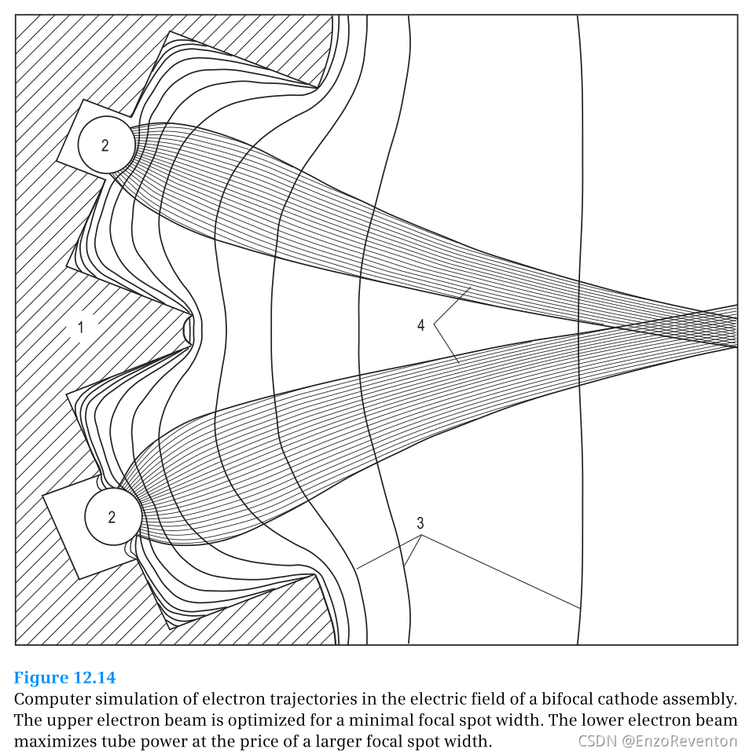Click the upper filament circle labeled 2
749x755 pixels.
(x=105, y=145)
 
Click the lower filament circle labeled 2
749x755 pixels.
(x=112, y=517)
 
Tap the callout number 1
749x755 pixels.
(x=80, y=327)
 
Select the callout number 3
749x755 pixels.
(x=420, y=522)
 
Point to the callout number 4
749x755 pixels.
(x=421, y=324)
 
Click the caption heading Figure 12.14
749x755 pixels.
(x=64, y=677)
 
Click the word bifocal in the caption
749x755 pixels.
(x=531, y=698)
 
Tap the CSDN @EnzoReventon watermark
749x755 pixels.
(x=657, y=741)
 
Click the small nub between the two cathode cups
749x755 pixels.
(x=188, y=328)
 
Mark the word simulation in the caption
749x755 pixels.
(x=132, y=698)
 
